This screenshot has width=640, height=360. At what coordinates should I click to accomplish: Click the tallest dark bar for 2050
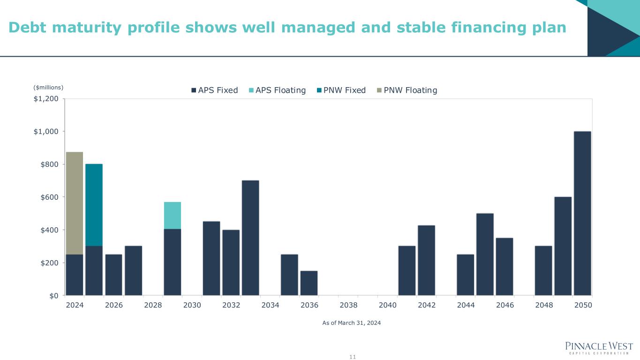point(582,213)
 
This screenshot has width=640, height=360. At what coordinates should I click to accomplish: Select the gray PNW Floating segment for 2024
point(75,203)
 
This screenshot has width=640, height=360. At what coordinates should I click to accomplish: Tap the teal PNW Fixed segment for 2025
point(94,205)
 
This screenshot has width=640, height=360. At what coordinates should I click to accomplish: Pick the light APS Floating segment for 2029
point(172,215)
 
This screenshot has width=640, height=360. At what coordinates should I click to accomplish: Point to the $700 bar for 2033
point(250,238)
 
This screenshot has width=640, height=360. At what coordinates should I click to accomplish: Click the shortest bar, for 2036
point(309,283)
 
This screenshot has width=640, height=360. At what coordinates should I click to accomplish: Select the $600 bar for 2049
point(563,246)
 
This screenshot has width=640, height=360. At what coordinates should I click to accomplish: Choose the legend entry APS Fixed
point(214,90)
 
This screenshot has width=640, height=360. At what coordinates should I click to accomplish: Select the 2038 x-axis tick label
point(348,305)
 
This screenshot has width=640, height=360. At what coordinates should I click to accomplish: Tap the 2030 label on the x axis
point(192,305)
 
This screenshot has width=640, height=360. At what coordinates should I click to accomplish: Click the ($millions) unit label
point(48,87)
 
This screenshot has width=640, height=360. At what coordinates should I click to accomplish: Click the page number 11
point(353,357)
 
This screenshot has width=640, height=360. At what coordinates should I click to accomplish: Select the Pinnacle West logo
point(599,348)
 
